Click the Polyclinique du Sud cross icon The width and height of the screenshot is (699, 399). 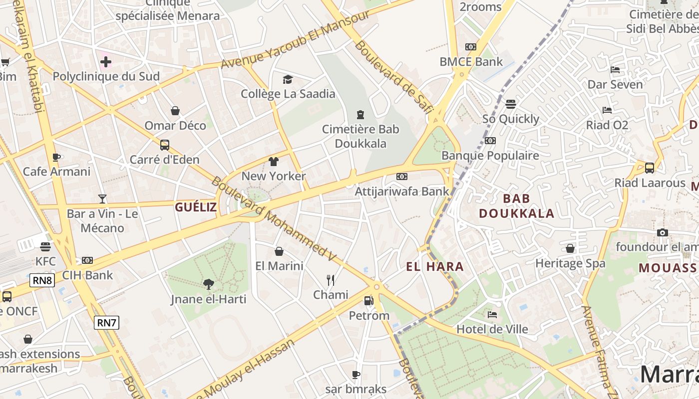tap(106, 62)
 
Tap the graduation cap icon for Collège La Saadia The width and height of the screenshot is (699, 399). tap(288, 79)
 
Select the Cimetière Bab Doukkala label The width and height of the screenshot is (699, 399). tap(360, 136)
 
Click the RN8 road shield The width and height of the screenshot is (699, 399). tap(42, 280)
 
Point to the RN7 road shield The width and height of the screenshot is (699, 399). tap(106, 323)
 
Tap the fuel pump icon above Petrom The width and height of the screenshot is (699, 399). tap(368, 301)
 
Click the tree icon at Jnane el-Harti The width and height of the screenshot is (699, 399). tap(209, 284)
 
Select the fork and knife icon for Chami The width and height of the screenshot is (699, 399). tap(330, 280)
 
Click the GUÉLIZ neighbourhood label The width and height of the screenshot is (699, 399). tap(196, 207)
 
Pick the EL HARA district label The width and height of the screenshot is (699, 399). tap(435, 267)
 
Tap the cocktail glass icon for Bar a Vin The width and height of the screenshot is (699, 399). tap(102, 199)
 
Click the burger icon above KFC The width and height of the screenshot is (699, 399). tap(45, 246)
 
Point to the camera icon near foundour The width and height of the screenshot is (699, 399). tap(663, 232)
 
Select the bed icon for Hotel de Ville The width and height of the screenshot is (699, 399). tap(492, 315)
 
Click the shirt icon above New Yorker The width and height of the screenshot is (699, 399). tap(273, 162)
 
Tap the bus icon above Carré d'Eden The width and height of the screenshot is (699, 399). tap(164, 145)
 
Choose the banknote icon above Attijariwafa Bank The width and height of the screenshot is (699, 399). tap(401, 177)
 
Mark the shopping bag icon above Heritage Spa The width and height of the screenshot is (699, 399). tap(570, 248)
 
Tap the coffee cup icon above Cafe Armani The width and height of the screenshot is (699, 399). tap(56, 158)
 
